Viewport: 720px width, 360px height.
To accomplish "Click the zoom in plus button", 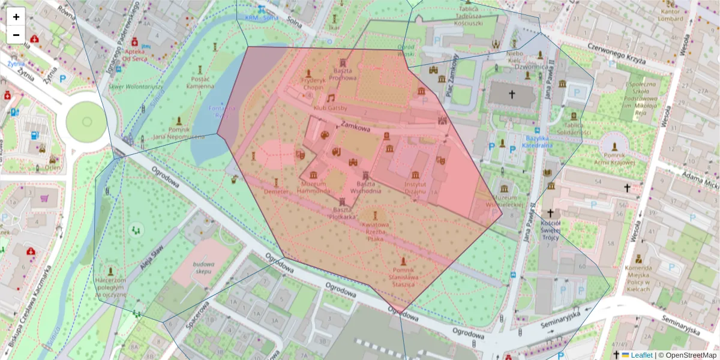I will (16, 17).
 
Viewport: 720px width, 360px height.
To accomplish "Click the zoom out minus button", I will (16, 35).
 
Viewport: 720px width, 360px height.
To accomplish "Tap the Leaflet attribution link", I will (641, 355).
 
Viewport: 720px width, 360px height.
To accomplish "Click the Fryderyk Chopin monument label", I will (312, 83).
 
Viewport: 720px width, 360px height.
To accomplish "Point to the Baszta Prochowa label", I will (344, 74).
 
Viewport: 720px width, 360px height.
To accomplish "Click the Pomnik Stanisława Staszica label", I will (403, 277).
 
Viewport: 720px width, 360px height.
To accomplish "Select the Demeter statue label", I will (276, 191).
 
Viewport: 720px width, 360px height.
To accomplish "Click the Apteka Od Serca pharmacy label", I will (134, 55).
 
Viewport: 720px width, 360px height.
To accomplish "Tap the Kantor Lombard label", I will (671, 14).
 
